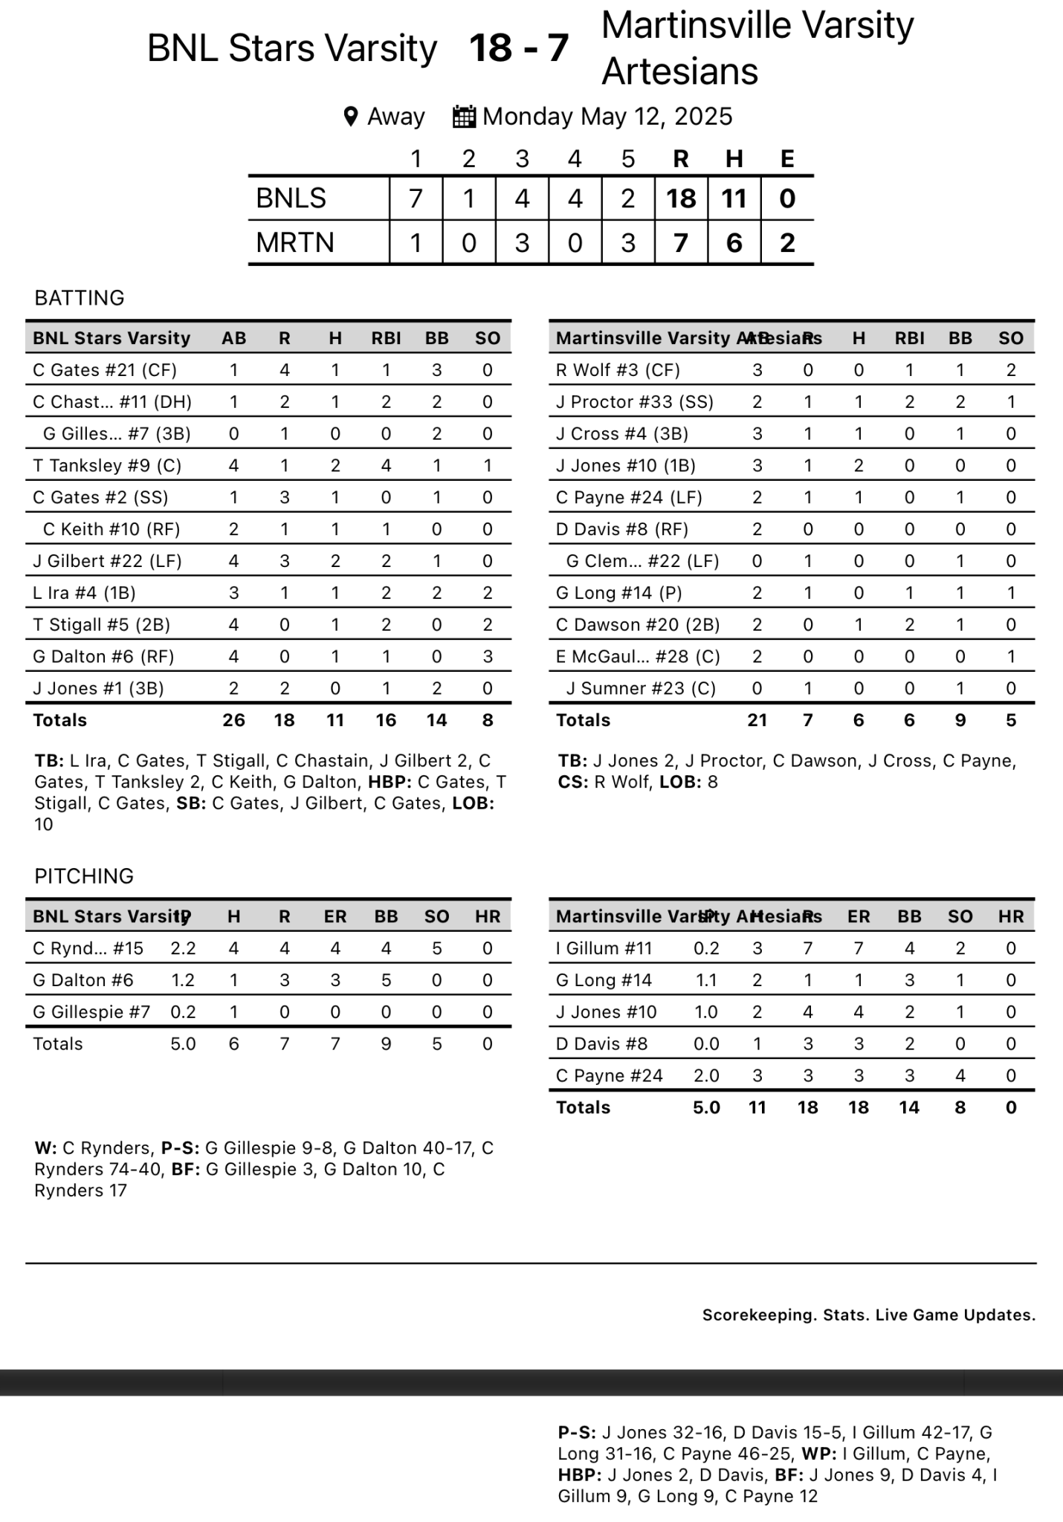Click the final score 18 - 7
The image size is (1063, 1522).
pos(519,48)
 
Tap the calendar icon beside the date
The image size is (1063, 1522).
pos(464,117)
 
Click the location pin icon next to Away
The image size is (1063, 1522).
pos(351,117)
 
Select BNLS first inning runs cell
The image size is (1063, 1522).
pos(416,198)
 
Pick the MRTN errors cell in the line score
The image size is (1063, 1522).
pos(787,243)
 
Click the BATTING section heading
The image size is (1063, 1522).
pos(80,298)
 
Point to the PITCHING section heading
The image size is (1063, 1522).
pos(84,876)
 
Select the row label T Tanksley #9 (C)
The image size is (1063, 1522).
pos(107,466)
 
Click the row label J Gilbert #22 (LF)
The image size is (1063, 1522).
pos(107,561)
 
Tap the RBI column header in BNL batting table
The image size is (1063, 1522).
pos(386,339)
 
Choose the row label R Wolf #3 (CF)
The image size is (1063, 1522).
pos(618,370)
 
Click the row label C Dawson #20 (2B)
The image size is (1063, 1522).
pos(638,625)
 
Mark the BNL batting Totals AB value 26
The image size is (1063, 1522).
pos(233,720)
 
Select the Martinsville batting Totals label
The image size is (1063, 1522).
pos(583,720)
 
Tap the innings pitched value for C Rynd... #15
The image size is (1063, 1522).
pos(183,948)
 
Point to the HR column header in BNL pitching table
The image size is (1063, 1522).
pos(488,917)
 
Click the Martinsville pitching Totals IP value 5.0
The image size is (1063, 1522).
pos(706,1107)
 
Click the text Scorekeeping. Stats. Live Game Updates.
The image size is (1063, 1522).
pos(868,1315)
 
